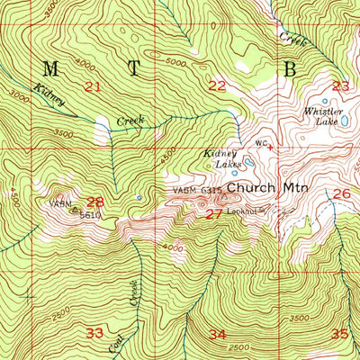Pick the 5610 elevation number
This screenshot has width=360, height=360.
click(x=88, y=215)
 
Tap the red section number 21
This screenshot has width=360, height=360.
click(x=92, y=86)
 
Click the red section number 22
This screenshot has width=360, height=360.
click(x=217, y=86)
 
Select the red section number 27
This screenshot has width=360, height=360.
click(x=214, y=214)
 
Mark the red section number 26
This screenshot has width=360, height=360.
click(x=341, y=193)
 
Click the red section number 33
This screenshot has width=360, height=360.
click(x=94, y=332)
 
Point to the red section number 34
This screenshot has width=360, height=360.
click(x=217, y=334)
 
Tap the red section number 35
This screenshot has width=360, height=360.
click(x=338, y=333)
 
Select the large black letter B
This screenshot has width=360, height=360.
click(x=290, y=68)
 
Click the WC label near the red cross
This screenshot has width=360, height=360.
click(x=260, y=142)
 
